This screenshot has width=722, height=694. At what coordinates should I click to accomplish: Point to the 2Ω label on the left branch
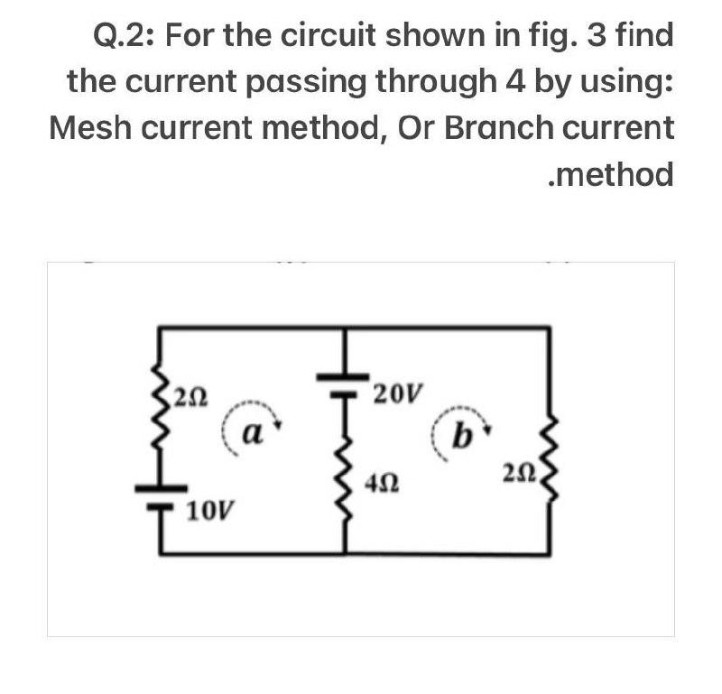coord(192,393)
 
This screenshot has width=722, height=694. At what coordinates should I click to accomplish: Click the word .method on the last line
coord(611,173)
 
